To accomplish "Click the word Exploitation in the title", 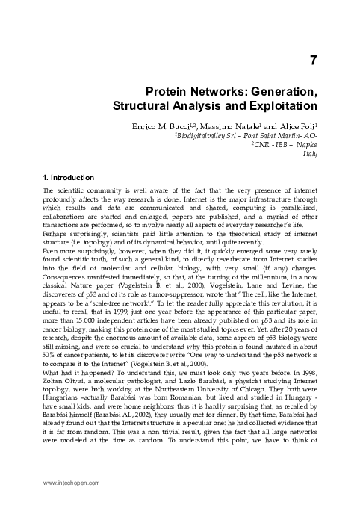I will click(282, 105).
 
